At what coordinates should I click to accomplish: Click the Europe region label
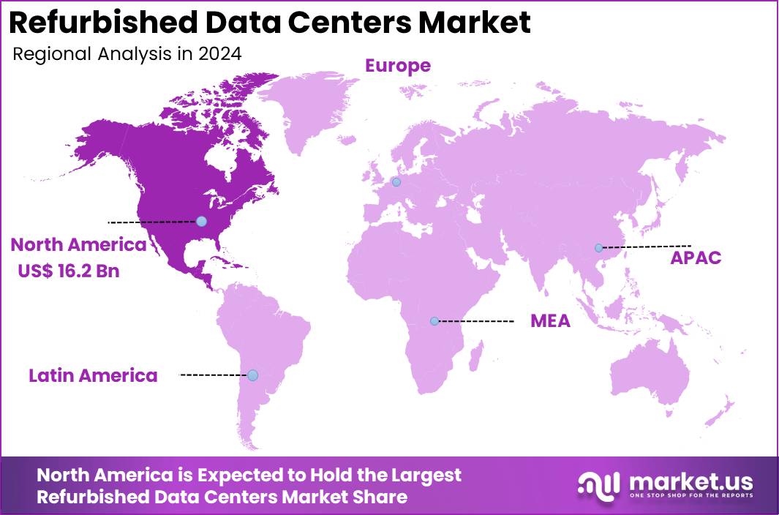[398, 66]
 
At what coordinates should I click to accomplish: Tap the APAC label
[696, 257]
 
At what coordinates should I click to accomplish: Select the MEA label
[550, 320]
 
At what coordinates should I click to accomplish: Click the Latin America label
[93, 375]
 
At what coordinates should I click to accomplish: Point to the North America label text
[78, 244]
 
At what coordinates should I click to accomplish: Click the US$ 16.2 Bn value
[69, 271]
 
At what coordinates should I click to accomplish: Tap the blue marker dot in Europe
[396, 182]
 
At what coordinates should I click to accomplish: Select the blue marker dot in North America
[201, 221]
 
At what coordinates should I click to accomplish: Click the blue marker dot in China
[598, 247]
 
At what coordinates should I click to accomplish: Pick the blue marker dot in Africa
[434, 320]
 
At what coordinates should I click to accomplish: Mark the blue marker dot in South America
[252, 375]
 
